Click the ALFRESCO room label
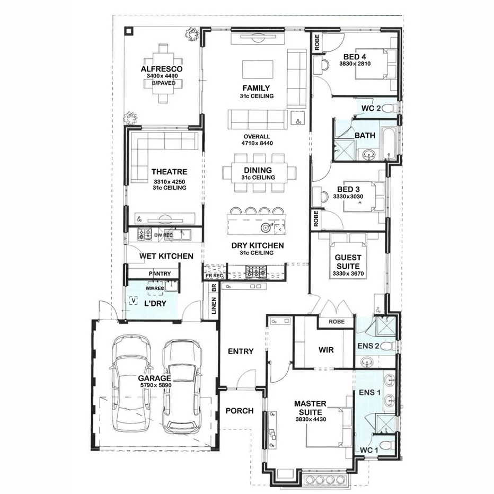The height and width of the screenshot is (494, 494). click(x=162, y=69)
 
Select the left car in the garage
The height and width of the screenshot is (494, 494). click(x=132, y=384)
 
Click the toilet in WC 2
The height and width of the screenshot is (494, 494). click(x=390, y=109)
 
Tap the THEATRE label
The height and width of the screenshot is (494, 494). click(x=169, y=172)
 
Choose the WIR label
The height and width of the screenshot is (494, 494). click(x=325, y=350)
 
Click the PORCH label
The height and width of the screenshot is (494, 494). click(x=240, y=411)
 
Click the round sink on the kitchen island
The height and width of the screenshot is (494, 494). click(x=265, y=227)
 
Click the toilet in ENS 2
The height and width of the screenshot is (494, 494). click(x=390, y=346)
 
